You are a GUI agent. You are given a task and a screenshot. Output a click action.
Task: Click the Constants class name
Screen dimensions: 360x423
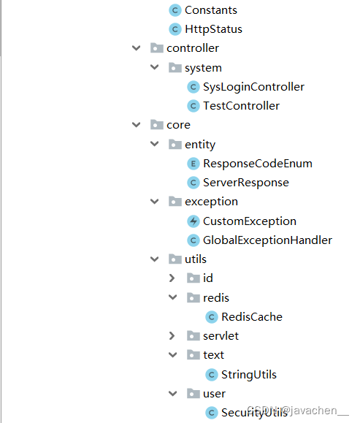click(x=210, y=10)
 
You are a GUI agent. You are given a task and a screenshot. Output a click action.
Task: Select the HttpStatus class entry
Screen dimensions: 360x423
click(x=213, y=29)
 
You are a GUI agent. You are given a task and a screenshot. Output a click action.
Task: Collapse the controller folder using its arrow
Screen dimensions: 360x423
click(x=136, y=48)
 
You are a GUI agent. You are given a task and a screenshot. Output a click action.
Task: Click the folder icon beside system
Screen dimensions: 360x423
click(x=175, y=67)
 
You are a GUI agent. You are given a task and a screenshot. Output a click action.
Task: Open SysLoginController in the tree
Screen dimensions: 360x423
click(x=253, y=87)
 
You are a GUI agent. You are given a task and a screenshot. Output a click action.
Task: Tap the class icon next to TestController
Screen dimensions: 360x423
click(x=194, y=106)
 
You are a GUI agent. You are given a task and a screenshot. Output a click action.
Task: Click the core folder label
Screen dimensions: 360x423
click(x=178, y=125)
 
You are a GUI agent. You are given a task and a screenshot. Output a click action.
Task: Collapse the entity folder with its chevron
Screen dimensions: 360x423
click(x=155, y=144)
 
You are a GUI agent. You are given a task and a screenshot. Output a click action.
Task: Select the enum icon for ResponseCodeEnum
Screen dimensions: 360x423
click(x=194, y=164)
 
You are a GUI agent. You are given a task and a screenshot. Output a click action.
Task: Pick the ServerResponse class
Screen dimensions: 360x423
click(x=245, y=183)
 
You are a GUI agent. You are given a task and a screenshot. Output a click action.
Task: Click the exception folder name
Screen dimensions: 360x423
click(x=211, y=202)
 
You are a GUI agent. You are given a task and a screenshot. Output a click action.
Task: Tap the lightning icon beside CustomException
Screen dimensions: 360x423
click(x=194, y=221)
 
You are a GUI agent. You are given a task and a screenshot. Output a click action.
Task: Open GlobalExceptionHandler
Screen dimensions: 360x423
click(x=267, y=240)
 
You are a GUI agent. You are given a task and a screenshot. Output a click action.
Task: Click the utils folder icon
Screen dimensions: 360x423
click(x=175, y=259)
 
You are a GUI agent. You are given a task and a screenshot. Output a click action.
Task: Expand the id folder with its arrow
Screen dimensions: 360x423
click(x=172, y=278)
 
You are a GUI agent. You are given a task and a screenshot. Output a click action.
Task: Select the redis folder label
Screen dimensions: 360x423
click(x=216, y=298)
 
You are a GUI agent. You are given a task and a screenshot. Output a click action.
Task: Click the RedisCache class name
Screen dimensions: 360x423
click(x=252, y=317)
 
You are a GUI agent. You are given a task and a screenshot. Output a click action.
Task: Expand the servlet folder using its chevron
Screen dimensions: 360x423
click(x=172, y=336)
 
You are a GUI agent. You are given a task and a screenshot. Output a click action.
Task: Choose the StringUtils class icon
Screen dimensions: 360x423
click(x=212, y=375)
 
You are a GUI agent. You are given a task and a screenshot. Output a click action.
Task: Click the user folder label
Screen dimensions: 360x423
click(x=214, y=394)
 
